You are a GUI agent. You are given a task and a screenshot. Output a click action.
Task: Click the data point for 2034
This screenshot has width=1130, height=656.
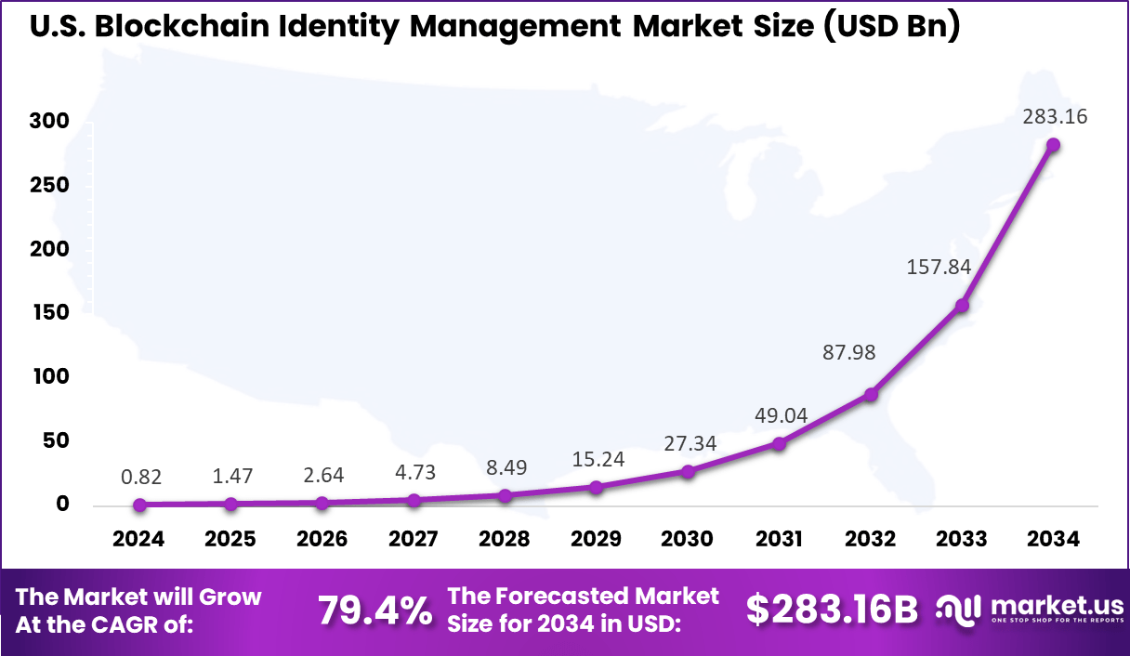coord(1053,145)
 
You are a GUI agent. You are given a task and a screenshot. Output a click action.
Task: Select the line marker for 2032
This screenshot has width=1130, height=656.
coord(871,395)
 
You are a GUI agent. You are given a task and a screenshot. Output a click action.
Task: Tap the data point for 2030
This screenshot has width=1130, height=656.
coord(688,472)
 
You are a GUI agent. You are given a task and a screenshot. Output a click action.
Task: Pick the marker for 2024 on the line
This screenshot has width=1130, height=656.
coord(139,505)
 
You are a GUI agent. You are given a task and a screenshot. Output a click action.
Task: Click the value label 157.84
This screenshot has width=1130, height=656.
coord(939,268)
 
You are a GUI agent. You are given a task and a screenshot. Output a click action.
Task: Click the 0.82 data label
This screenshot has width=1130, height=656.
coord(141,478)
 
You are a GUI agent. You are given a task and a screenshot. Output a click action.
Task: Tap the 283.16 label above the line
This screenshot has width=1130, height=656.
coord(1055,117)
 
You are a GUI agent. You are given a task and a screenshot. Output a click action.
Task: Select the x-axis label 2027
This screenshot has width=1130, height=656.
coord(414,540)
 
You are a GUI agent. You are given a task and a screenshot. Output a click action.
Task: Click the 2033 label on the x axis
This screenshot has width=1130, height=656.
coord(962,540)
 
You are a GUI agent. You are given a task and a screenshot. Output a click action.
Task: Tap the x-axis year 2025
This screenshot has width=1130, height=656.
coord(230,540)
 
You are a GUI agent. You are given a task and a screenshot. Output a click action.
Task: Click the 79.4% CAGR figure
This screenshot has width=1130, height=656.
coord(374,610)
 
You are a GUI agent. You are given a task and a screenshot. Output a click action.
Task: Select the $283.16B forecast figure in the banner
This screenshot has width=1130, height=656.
coord(832,610)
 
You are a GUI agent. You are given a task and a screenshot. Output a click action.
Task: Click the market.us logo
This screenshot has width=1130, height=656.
coord(1029,610)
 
